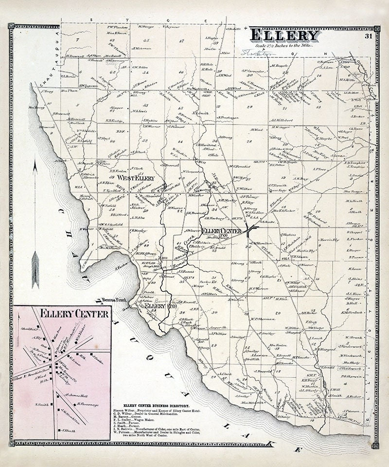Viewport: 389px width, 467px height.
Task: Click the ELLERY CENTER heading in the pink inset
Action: [x=62, y=314]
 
